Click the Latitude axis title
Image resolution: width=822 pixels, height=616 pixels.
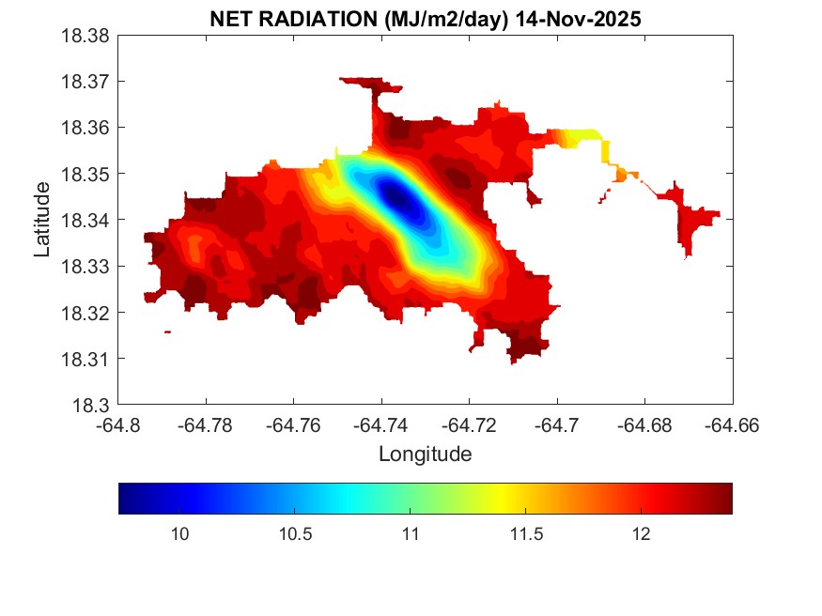point(42,221)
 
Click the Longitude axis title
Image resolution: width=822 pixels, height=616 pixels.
point(425,454)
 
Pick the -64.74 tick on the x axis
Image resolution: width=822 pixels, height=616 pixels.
point(381,425)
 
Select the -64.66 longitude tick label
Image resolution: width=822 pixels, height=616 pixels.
point(733,425)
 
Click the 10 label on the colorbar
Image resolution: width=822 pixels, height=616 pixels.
point(180,534)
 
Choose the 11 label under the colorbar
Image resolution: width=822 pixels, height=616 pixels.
point(411,534)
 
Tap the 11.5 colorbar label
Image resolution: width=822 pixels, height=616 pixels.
point(525,534)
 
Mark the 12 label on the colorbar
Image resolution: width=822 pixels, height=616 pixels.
point(641,534)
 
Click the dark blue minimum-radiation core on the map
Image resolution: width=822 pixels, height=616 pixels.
point(395,197)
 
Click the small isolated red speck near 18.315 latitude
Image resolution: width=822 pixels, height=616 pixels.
point(167,331)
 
